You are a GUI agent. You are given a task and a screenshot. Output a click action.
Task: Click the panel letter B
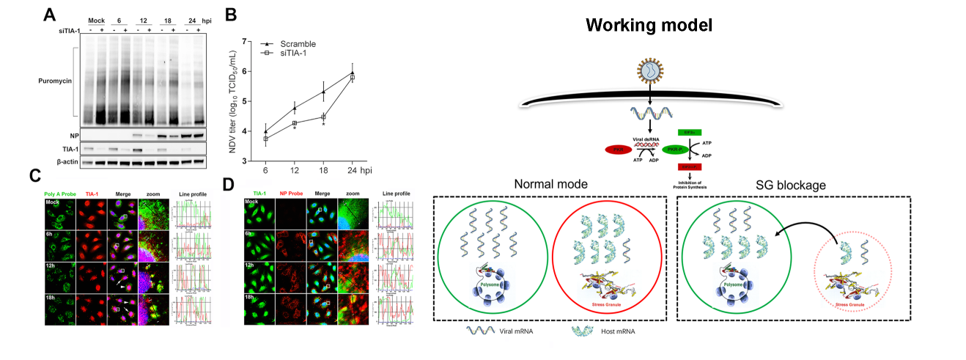coord(231,14)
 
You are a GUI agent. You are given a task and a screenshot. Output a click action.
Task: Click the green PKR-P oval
coord(675,150)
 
